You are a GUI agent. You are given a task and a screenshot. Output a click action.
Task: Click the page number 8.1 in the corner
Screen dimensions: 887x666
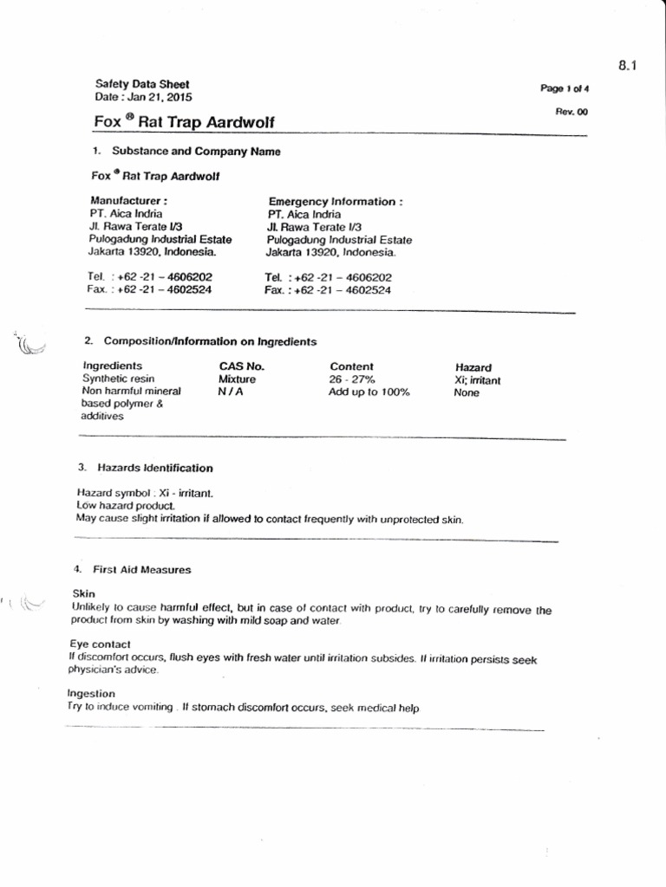pyautogui.click(x=629, y=65)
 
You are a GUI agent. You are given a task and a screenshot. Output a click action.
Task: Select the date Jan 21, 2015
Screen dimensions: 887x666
pyautogui.click(x=162, y=98)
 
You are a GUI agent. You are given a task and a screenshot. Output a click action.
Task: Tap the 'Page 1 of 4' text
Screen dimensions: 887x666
pyautogui.click(x=565, y=88)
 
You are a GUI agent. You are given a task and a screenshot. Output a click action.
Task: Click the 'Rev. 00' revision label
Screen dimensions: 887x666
pyautogui.click(x=571, y=112)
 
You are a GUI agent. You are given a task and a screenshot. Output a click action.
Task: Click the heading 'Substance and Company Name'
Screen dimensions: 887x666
pyautogui.click(x=196, y=151)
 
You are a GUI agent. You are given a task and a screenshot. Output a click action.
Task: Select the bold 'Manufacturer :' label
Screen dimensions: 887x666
pyautogui.click(x=128, y=201)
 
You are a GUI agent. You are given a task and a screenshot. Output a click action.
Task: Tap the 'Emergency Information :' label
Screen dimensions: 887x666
pyautogui.click(x=336, y=201)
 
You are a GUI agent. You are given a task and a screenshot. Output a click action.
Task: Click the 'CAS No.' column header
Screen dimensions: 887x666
pyautogui.click(x=241, y=366)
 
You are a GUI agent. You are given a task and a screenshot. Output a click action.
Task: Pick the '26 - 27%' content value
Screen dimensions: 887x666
pyautogui.click(x=352, y=379)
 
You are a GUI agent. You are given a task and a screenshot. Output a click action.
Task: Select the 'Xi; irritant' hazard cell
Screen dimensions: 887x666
pyautogui.click(x=477, y=380)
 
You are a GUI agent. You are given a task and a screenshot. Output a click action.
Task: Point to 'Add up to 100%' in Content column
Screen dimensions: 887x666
pyautogui.click(x=369, y=392)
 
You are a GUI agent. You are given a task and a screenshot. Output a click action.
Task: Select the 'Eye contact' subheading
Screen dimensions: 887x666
pyautogui.click(x=100, y=644)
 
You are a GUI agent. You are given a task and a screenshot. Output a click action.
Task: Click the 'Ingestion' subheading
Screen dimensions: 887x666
pyautogui.click(x=91, y=694)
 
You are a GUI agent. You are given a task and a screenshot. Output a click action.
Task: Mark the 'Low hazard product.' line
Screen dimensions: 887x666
pyautogui.click(x=126, y=504)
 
